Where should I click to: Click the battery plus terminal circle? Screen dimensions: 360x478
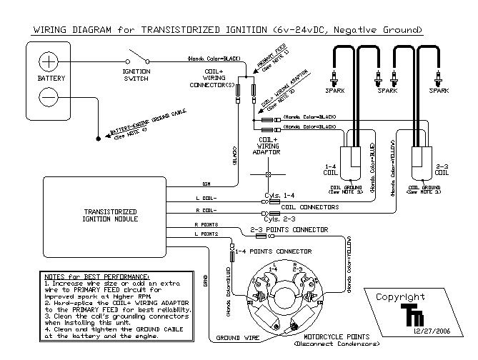[48, 59]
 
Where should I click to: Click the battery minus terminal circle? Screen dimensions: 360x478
[48, 95]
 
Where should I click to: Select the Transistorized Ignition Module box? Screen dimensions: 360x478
[105, 215]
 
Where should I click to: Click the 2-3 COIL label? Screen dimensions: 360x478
[442, 168]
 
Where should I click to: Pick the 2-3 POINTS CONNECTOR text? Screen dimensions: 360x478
[289, 230]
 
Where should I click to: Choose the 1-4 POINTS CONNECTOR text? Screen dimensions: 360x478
[274, 251]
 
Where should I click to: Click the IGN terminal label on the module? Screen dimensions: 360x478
[208, 183]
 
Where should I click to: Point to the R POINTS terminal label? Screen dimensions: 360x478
[206, 224]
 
